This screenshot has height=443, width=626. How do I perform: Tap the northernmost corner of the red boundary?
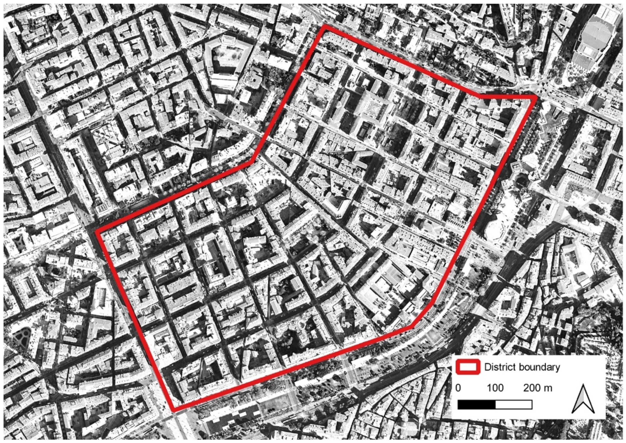point(325,26)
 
